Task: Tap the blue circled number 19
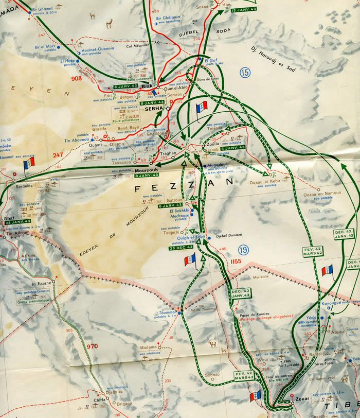[x=242, y=251]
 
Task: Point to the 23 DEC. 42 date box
[x=181, y=248]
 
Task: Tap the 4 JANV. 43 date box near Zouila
[x=231, y=149]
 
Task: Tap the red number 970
[x=93, y=346]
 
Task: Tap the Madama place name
[x=149, y=347]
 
